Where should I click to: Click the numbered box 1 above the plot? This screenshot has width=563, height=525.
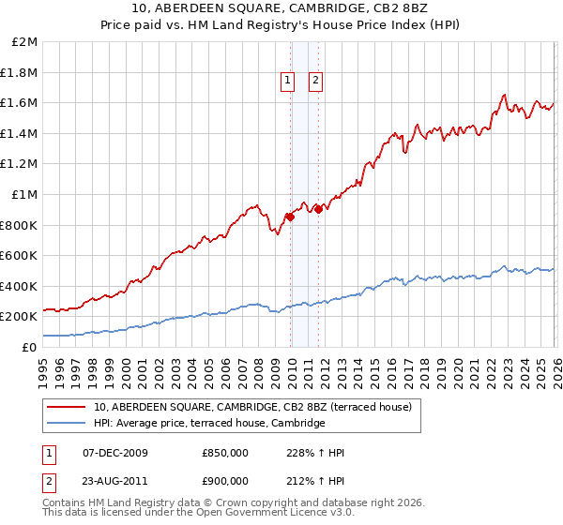click(x=286, y=82)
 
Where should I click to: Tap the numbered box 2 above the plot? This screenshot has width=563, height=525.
click(x=315, y=82)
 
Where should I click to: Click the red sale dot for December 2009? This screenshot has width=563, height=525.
click(x=290, y=217)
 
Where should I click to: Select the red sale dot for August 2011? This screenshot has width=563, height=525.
click(x=318, y=209)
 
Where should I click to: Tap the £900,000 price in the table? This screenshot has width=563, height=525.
click(x=225, y=480)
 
